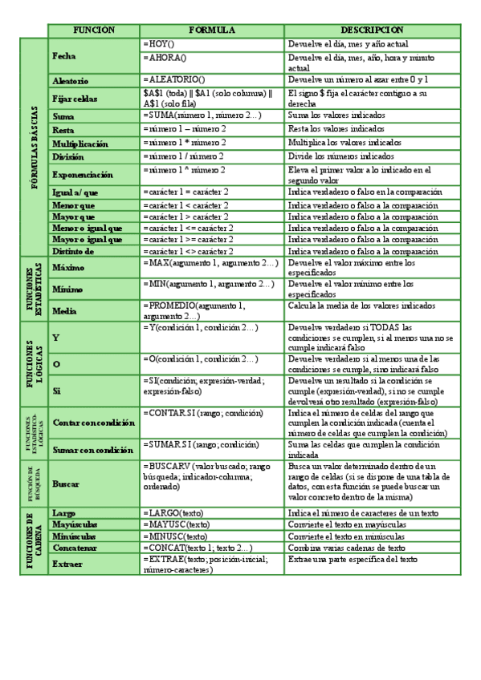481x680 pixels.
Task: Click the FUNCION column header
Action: tap(94, 30)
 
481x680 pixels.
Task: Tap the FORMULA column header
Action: tap(212, 30)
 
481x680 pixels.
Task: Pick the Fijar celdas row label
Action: tap(74, 99)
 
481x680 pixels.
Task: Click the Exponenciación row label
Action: tap(82, 174)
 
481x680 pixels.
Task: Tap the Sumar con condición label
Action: tap(92, 450)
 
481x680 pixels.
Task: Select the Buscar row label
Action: tap(65, 484)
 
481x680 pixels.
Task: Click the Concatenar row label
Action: tap(74, 548)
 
